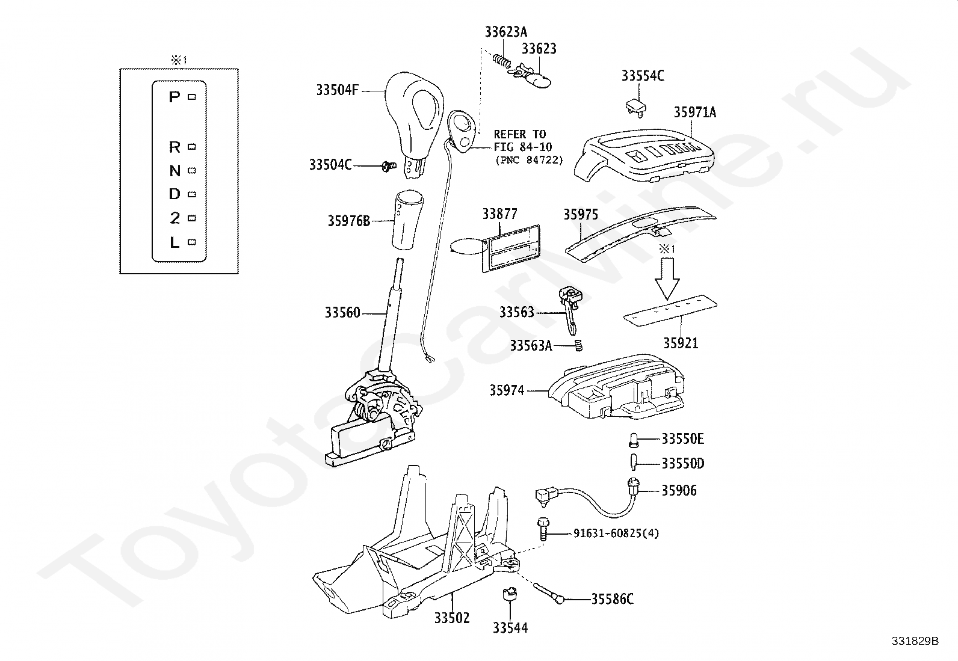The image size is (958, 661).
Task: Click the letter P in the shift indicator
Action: click(175, 97)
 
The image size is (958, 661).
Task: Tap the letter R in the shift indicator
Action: click(175, 147)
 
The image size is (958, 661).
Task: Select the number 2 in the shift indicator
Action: click(175, 218)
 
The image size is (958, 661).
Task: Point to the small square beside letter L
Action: click(192, 242)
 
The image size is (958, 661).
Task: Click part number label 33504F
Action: click(337, 90)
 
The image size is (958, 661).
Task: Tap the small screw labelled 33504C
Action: click(389, 166)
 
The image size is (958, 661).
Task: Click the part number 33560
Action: click(342, 313)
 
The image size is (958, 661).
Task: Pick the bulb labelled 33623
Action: click(534, 78)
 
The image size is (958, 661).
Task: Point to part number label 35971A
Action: click(695, 112)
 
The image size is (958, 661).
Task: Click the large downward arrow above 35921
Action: click(667, 278)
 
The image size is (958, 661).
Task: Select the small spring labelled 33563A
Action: click(578, 345)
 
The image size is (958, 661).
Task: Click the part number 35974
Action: click(507, 390)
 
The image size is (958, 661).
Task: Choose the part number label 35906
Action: click(679, 490)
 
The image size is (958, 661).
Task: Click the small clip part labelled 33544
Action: click(509, 594)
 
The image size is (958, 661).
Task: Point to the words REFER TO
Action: click(520, 134)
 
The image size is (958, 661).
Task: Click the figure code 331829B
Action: click(915, 641)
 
